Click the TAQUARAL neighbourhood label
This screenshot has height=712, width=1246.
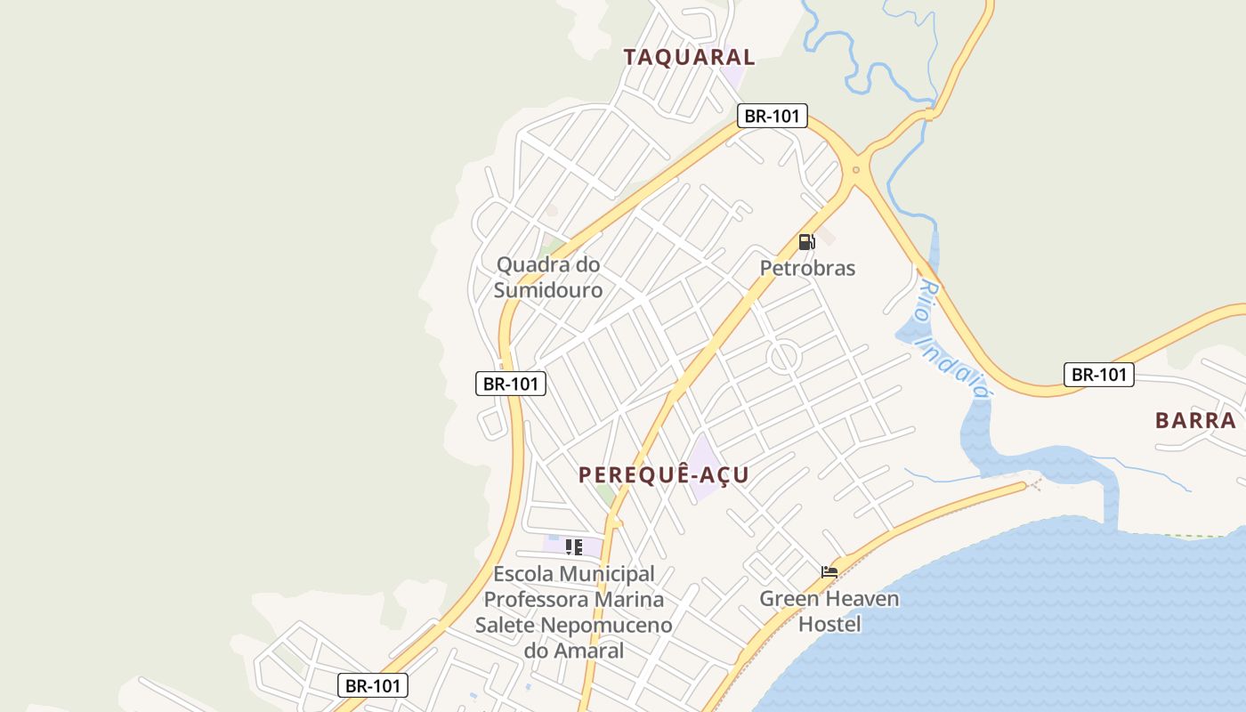click(689, 58)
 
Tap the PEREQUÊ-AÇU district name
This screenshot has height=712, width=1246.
click(664, 475)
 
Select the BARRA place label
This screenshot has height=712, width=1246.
click(1195, 420)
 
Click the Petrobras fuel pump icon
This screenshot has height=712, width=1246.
click(806, 242)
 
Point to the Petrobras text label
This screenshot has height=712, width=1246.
click(807, 268)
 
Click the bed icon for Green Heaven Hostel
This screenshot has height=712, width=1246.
click(829, 571)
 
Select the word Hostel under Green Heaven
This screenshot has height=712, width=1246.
click(829, 624)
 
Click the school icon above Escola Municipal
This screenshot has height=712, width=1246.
click(574, 547)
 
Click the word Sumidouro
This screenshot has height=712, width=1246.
click(548, 290)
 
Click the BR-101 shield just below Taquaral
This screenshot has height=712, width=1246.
click(773, 116)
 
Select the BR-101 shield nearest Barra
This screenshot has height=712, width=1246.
click(1099, 375)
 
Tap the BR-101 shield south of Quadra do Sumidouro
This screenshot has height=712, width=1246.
click(510, 384)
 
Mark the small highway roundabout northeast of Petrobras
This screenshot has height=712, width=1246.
click(856, 169)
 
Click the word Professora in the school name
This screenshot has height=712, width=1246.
click(574, 599)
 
